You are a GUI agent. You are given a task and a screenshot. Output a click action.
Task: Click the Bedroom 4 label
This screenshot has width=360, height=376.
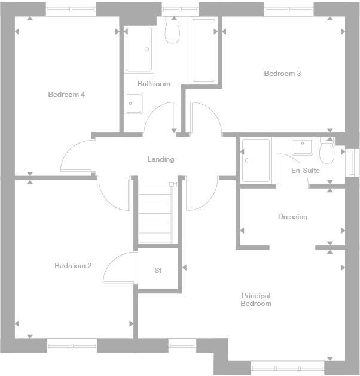pyautogui.click(x=66, y=95)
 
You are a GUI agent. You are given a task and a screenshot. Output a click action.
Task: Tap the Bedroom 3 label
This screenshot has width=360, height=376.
pyautogui.click(x=282, y=74)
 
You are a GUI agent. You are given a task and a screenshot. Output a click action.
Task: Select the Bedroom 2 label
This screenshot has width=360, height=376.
pyautogui.click(x=73, y=266)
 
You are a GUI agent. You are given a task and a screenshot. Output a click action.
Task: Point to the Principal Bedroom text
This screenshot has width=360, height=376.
pyautogui.click(x=256, y=299)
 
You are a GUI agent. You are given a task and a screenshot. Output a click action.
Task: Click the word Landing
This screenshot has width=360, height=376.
pyautogui.click(x=161, y=159)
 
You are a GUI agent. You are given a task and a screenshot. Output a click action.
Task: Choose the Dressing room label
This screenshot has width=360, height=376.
pyautogui.click(x=292, y=217)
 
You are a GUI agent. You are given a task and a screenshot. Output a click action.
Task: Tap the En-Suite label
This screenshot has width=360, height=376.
pyautogui.click(x=305, y=171)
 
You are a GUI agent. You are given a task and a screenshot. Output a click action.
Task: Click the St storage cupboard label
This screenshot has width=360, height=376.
pyautogui.click(x=158, y=271)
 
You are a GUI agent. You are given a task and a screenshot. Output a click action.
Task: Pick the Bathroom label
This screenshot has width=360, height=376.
pyautogui.click(x=154, y=84)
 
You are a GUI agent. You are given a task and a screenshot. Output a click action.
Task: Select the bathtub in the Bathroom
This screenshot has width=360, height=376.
pyautogui.click(x=203, y=51)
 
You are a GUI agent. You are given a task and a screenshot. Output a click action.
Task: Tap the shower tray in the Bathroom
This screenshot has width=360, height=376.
pyautogui.click(x=139, y=50)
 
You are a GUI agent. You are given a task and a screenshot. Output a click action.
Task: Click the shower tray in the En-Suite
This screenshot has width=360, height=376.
pyautogui.click(x=256, y=160)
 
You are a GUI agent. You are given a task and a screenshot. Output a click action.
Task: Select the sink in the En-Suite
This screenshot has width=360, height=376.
pyautogui.click(x=303, y=146)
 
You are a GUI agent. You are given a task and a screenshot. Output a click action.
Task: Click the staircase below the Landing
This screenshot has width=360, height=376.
pyautogui.click(x=155, y=213)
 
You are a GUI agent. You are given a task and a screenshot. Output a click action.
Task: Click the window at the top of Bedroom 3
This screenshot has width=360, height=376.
pyautogui.click(x=289, y=9)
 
